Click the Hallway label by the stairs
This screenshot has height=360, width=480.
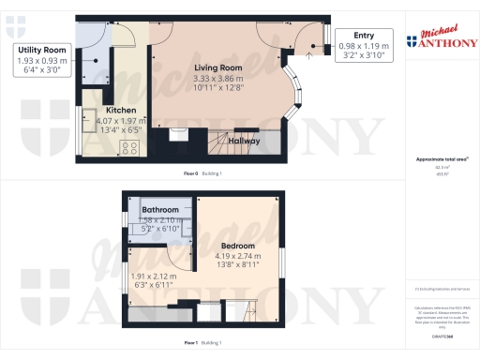268,141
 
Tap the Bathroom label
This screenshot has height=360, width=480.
160,209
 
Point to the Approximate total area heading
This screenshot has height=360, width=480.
439,160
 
